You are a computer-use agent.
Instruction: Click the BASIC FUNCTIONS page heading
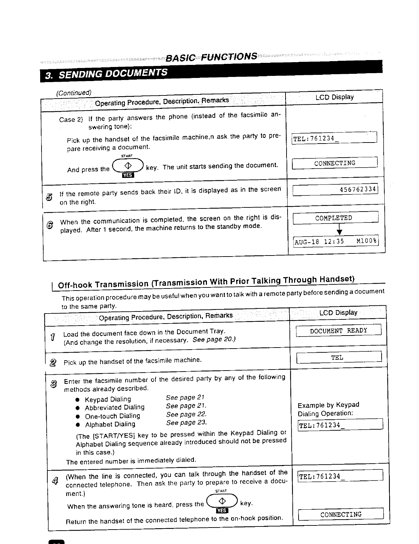click(211, 57)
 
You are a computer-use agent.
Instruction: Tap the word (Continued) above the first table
click(74, 93)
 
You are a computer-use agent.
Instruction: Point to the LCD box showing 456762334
click(335, 190)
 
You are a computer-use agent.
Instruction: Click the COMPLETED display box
click(335, 218)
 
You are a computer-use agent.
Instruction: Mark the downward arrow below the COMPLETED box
click(339, 229)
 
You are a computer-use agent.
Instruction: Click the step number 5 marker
click(49, 197)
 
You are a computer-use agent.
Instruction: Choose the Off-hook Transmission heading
click(206, 282)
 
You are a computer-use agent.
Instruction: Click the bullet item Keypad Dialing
click(108, 399)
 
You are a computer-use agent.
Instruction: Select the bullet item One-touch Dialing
click(112, 416)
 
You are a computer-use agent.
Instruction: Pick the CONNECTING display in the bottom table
click(341, 514)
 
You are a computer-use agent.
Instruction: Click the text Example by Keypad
click(328, 405)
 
